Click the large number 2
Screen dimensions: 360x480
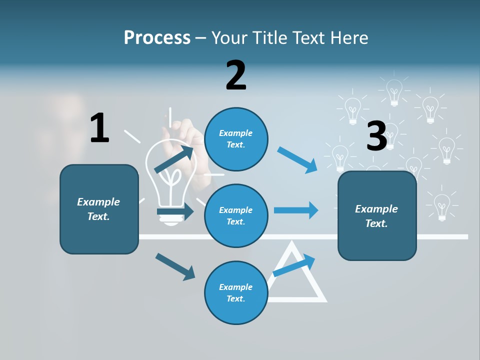[235, 75]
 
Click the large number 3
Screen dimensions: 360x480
[377, 136]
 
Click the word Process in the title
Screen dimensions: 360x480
[157, 38]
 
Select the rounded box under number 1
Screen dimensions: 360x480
[99, 209]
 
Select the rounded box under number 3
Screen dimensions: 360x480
[377, 215]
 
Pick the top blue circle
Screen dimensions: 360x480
[236, 138]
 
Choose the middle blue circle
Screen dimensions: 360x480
[236, 215]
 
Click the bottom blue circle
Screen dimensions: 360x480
[236, 292]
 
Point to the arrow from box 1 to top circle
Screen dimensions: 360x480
[174, 159]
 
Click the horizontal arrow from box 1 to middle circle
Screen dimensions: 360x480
[175, 211]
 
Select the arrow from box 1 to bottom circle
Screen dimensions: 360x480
[175, 266]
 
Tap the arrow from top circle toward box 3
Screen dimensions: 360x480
[297, 159]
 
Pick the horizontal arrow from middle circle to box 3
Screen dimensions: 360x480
[296, 210]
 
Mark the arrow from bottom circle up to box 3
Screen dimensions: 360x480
[294, 265]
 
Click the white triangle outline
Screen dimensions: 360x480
[310, 295]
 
